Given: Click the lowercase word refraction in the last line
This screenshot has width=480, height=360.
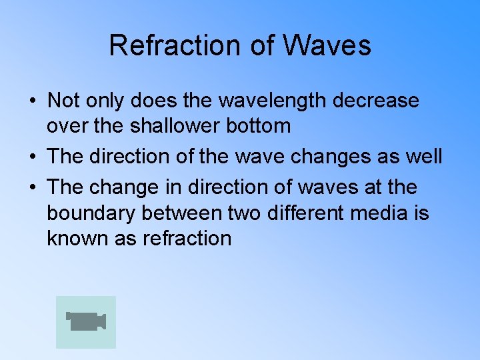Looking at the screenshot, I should click(x=187, y=238).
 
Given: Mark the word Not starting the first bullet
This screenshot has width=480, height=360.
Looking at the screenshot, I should click(x=63, y=101).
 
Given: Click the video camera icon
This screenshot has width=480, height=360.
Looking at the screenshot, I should click(x=86, y=321).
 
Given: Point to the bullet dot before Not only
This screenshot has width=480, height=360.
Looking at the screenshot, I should click(x=32, y=101).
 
